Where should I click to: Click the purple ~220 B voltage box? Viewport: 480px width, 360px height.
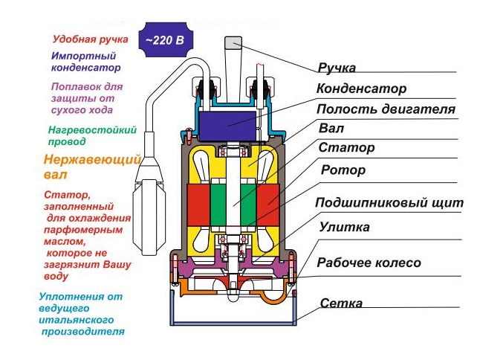coord(164,40)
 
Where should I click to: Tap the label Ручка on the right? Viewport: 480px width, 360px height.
coord(337,68)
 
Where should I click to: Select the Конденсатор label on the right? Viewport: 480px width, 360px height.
coord(361,89)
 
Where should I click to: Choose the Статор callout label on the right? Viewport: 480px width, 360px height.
coord(346,148)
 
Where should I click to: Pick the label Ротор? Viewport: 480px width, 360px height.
coord(343,170)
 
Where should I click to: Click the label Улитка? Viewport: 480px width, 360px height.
coord(344,227)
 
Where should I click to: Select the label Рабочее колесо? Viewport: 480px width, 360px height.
coord(369,263)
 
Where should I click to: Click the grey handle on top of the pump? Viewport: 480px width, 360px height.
coord(233,52)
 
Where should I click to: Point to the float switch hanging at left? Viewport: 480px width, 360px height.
coord(153,201)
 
